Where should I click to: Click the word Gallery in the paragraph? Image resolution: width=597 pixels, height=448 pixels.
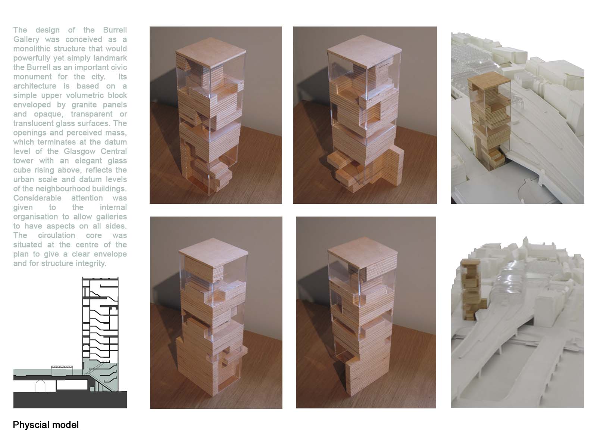(26, 40)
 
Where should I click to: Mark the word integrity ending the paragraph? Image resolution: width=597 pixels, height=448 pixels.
(91, 264)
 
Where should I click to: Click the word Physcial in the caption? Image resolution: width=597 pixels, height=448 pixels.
(31, 425)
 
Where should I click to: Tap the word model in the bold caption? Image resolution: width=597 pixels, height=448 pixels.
(66, 425)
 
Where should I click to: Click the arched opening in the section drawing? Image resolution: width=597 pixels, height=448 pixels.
(41, 386)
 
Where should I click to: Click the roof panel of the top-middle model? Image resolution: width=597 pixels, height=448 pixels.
(364, 52)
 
